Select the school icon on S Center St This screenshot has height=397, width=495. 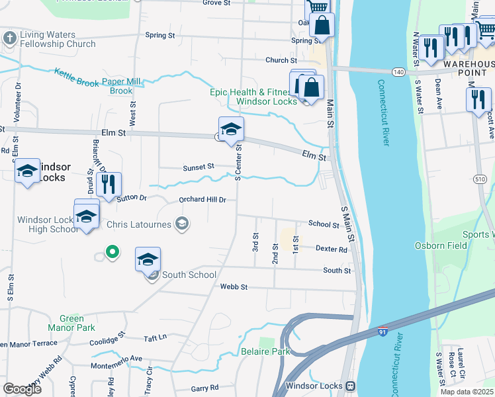(231, 129)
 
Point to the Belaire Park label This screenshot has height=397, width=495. (265, 351)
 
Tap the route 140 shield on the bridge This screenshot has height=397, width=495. (398, 71)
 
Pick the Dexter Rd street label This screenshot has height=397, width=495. (332, 249)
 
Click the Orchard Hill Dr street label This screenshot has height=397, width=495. (202, 200)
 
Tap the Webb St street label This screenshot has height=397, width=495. (234, 287)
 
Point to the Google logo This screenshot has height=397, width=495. (22, 388)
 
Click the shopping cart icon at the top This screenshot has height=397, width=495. (317, 7)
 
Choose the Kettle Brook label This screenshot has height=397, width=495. (75, 77)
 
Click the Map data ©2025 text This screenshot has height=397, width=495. (467, 392)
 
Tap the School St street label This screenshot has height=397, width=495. (324, 225)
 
